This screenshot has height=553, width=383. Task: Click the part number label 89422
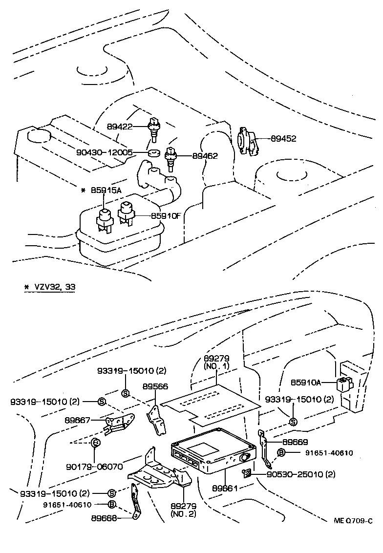(x=120, y=126)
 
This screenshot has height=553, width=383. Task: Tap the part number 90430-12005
(x=105, y=152)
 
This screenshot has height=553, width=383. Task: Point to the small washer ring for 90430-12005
(x=154, y=152)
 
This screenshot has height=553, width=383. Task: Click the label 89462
(x=205, y=156)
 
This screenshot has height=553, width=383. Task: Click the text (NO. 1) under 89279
(x=217, y=366)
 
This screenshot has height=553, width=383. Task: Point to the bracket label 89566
(x=155, y=386)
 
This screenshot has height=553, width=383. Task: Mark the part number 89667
(x=78, y=420)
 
